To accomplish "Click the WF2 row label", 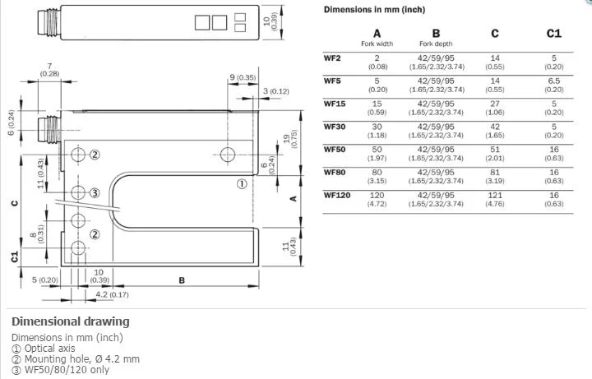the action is tap(332, 58).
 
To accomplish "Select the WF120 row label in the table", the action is tap(337, 195).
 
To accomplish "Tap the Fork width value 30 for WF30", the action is tap(377, 127).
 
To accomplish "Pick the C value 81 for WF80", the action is tap(495, 173).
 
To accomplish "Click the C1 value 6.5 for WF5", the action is tap(554, 81).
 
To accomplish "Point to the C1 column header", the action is tap(554, 34).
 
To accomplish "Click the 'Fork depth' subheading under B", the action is tap(436, 44).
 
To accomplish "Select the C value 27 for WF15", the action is tap(495, 104).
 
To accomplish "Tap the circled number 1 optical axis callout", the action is tap(242, 184).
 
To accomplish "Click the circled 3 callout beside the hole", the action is tap(95, 193).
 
